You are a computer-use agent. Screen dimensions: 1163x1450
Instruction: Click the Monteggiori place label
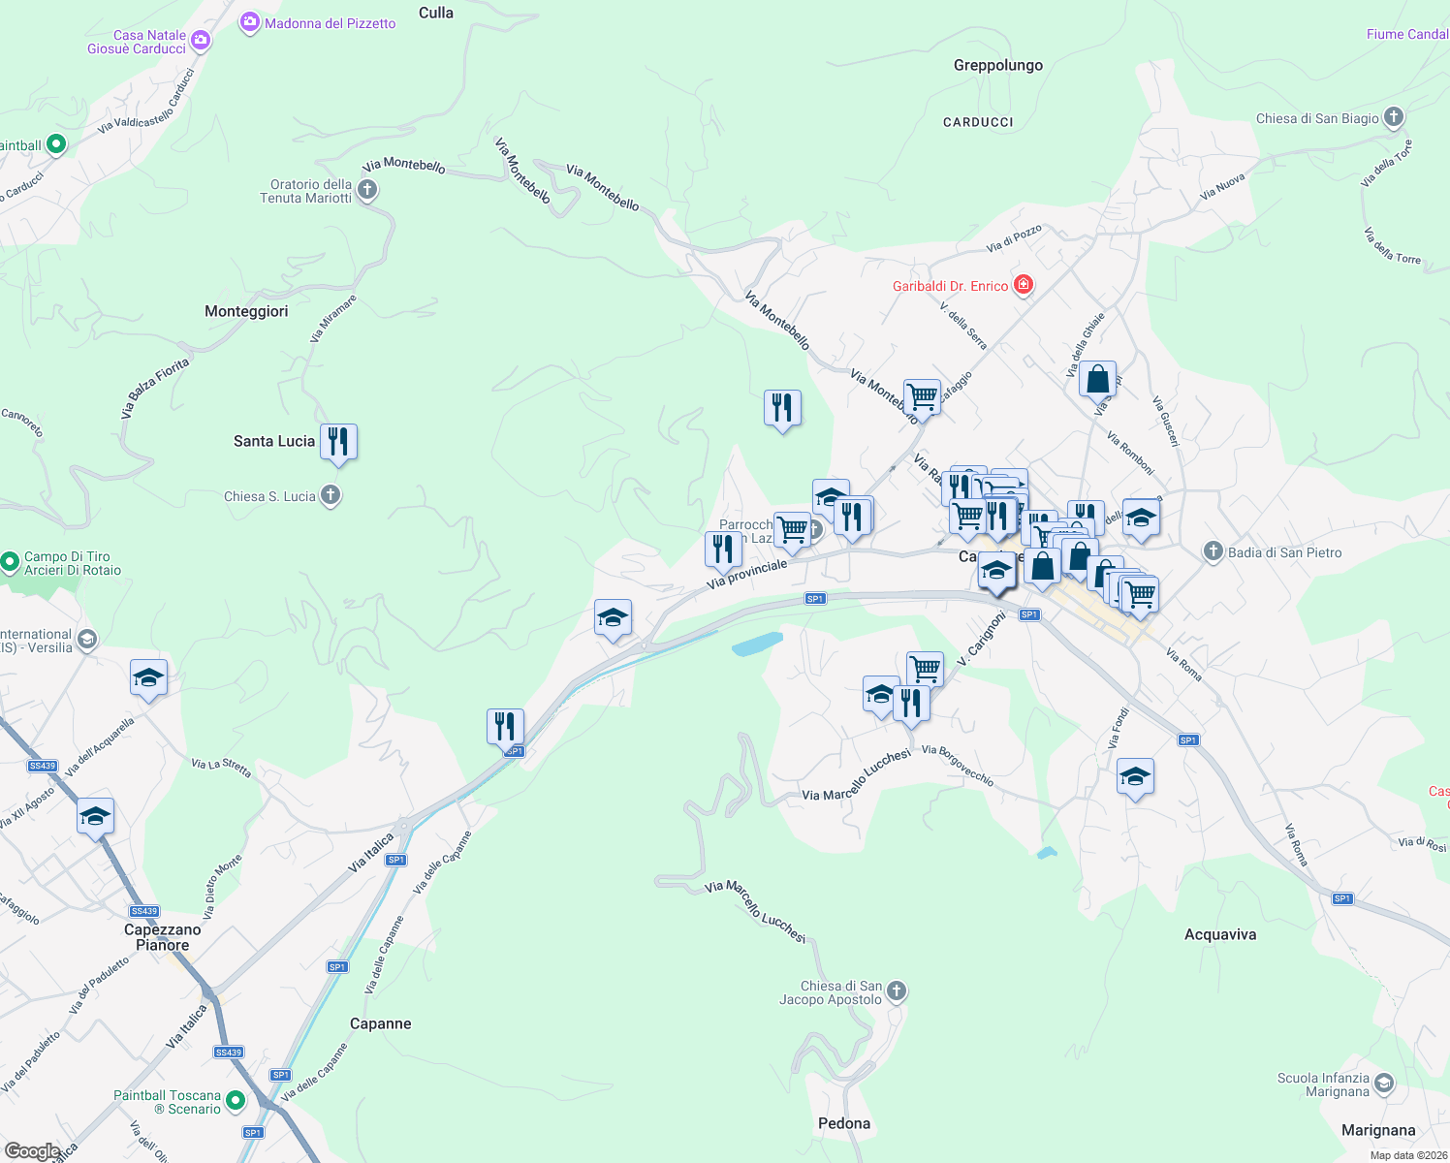246,311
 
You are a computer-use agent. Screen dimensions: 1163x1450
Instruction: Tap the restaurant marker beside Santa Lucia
338,442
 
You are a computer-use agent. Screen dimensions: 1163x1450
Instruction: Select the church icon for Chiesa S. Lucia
331,496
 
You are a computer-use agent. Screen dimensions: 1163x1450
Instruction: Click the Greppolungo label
998,65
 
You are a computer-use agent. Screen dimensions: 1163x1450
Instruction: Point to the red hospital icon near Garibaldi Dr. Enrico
1023,285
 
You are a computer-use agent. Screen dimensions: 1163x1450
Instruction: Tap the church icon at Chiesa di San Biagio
1394,118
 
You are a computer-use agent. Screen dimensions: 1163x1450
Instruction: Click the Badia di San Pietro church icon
1214,552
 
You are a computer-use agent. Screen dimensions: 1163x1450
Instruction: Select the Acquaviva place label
1220,934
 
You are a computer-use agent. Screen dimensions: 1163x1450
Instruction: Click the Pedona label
844,1123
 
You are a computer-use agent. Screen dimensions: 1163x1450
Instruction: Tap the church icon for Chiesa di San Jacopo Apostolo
897,990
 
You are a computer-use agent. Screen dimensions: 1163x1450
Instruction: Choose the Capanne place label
380,1023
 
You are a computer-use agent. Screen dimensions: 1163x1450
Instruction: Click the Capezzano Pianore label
163,937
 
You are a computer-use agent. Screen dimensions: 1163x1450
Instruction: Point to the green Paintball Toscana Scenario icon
236,1101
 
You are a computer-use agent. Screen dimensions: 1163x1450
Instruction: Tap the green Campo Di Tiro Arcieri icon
10,562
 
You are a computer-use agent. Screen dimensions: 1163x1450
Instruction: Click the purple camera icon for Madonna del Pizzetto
250,22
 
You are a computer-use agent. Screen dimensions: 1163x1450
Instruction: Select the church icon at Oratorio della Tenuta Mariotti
367,190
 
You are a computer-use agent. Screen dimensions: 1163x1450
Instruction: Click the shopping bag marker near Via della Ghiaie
1097,379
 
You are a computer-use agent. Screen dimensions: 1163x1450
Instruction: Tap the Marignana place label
1378,1130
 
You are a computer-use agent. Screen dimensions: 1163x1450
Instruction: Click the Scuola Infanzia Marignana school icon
1384,1084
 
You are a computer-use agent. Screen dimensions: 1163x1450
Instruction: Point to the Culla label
436,13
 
